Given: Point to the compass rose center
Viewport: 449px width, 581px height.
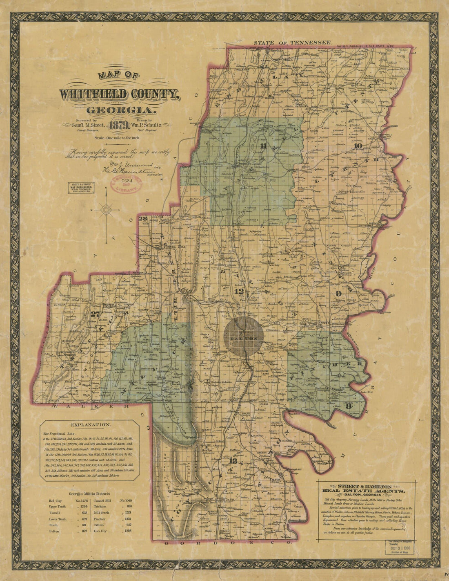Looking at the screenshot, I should [x=107, y=210].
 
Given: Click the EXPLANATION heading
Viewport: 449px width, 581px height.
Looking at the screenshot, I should [x=90, y=425].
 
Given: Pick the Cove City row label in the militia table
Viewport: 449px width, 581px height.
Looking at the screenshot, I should [x=102, y=531].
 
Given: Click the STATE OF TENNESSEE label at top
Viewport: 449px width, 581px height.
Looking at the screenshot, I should [x=292, y=43].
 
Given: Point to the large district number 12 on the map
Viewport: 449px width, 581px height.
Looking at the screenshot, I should [x=239, y=292].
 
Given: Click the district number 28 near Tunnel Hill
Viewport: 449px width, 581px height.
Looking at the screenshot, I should [x=143, y=219].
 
